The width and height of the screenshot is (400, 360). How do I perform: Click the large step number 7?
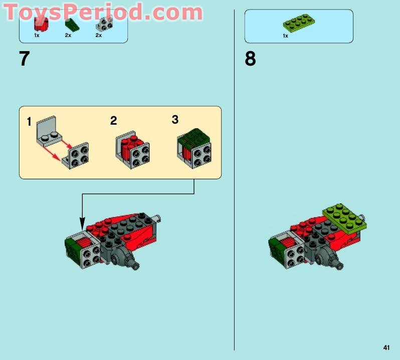(x=24, y=59)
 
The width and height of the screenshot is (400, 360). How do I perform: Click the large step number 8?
(x=250, y=59)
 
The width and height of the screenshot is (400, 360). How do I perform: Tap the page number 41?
(x=386, y=347)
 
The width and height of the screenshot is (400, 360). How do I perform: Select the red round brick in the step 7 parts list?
(x=41, y=25)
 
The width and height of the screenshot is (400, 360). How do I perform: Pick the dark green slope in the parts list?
(x=72, y=25)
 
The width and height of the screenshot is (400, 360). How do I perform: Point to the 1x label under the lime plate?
(x=285, y=36)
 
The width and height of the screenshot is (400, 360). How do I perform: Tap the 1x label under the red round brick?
(x=37, y=36)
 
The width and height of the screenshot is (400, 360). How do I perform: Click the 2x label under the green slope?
(x=68, y=36)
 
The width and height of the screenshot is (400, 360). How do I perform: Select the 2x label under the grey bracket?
(x=99, y=36)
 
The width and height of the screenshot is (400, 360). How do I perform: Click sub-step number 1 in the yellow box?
(x=29, y=122)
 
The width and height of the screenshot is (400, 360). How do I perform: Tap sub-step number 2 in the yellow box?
(x=113, y=121)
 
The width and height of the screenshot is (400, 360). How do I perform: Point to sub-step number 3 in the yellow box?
(x=175, y=120)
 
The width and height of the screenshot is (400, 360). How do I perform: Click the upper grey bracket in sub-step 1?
(x=49, y=131)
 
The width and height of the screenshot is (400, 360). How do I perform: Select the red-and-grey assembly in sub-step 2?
(x=132, y=150)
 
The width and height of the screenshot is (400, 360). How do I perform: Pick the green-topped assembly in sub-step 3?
(x=194, y=148)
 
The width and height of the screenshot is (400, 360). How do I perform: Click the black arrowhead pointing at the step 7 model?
(x=82, y=224)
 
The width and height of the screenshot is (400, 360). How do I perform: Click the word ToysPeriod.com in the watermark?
(x=103, y=12)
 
